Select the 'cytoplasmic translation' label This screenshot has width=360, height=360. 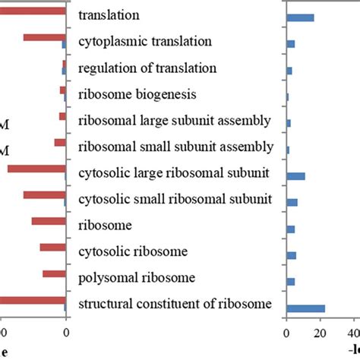pos(145,41)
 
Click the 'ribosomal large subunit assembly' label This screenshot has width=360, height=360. pos(175,121)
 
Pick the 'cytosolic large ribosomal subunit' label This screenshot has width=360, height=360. pos(174,173)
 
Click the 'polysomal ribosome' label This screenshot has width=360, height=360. pos(137,277)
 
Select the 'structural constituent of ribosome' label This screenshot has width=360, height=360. pos(175,304)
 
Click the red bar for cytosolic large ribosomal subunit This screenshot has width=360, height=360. pos(36,169)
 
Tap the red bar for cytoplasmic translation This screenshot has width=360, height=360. pos(44,37)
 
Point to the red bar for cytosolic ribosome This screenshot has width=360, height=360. pos(52,247)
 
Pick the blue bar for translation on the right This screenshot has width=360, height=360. pos(300,17)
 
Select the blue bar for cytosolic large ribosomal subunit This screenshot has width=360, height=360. pos(295,176)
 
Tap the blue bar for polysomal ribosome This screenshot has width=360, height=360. pos(290,282)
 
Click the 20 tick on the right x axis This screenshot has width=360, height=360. pos(321,332)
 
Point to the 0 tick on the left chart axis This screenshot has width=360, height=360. pos(66,332)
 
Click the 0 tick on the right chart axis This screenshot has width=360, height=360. pos(286,332)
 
